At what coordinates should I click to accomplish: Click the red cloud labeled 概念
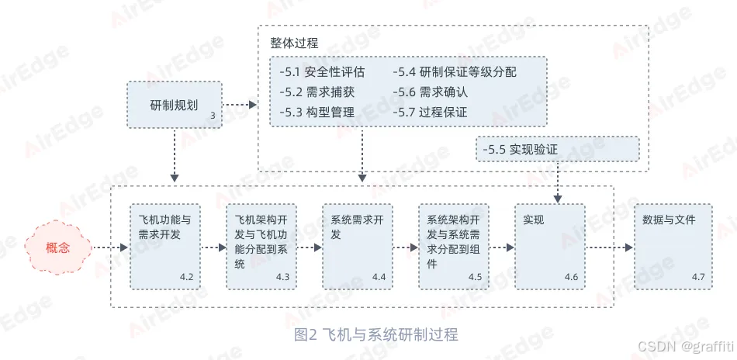[58, 248]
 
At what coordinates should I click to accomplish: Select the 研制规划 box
[175, 105]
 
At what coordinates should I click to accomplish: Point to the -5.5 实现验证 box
[557, 150]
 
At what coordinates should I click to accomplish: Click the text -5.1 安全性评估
[321, 72]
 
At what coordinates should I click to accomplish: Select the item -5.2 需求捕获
[317, 92]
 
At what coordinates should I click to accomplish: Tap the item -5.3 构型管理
[317, 112]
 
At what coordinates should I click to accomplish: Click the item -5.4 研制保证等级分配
[455, 72]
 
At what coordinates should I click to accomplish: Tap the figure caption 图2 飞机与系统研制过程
[376, 335]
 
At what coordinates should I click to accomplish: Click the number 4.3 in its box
[282, 277]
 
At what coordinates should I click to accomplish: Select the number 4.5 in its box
[475, 277]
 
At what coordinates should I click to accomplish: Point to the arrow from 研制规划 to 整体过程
[240, 105]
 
